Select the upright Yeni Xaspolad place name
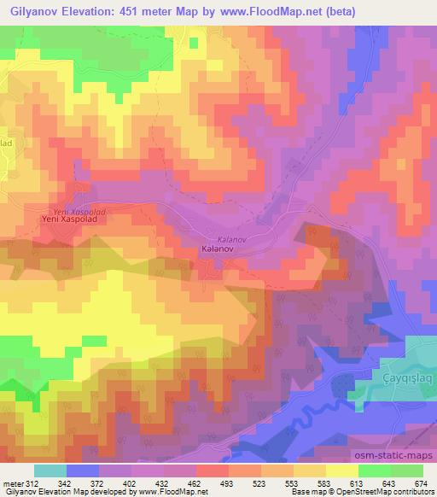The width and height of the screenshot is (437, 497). click(66, 219)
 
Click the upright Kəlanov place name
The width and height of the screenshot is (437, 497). click(217, 249)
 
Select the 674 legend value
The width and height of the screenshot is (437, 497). click(422, 482)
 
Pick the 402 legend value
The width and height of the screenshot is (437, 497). click(130, 482)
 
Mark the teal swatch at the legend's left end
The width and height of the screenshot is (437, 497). click(50, 471)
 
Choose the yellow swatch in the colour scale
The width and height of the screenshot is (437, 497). click(342, 471)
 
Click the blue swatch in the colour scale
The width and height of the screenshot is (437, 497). click(83, 471)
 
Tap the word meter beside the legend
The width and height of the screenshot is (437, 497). click(11, 482)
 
